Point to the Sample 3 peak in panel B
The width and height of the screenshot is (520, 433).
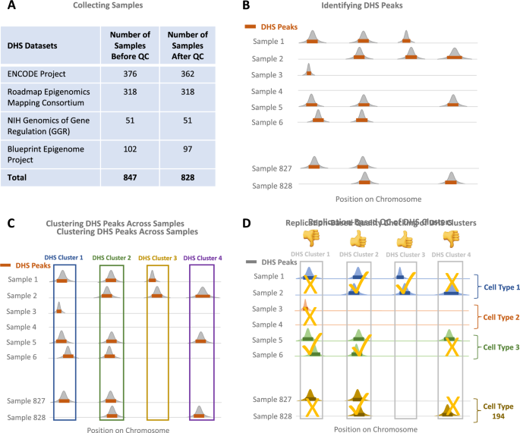click(x=309, y=71)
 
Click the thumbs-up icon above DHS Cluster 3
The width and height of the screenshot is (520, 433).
click(x=405, y=238)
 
